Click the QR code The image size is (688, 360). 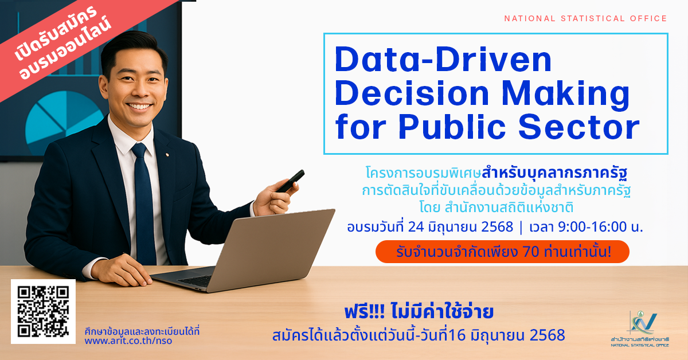[44, 311]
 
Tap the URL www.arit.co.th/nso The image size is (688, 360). [128, 341]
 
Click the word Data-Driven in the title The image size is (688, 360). [443, 59]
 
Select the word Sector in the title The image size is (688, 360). [579, 127]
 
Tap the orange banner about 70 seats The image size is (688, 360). [502, 252]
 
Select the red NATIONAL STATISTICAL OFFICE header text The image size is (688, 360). [585, 18]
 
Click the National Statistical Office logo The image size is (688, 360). [640, 329]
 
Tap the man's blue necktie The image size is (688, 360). [143, 203]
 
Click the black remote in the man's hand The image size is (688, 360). [290, 181]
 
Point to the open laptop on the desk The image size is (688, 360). [246, 252]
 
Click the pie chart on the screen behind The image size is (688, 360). [64, 120]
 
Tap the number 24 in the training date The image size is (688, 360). [416, 226]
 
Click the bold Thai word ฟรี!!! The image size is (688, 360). [364, 311]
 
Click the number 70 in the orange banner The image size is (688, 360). [531, 252]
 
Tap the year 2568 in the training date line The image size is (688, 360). [497, 226]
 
